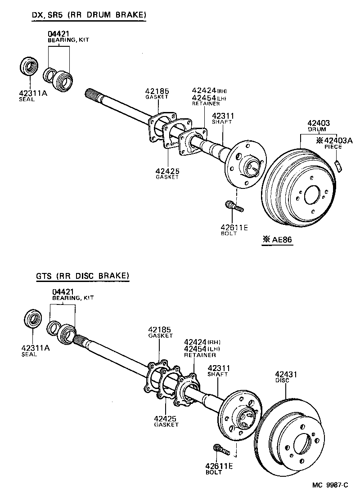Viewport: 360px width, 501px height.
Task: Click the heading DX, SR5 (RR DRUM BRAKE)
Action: point(89,16)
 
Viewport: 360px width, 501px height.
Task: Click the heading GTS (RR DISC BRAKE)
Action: point(83,276)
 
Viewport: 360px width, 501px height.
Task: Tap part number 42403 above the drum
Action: point(319,123)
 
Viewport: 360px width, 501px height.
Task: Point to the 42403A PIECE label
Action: point(335,143)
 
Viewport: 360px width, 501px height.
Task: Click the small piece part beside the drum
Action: point(339,165)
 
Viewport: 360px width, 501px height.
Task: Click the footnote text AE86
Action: point(278,240)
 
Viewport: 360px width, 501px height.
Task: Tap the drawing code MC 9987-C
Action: point(331,485)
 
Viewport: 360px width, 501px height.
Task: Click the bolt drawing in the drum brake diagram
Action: point(234,207)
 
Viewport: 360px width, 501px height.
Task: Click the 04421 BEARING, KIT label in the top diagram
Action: point(67,36)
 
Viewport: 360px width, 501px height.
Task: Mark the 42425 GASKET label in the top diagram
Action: point(167,173)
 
